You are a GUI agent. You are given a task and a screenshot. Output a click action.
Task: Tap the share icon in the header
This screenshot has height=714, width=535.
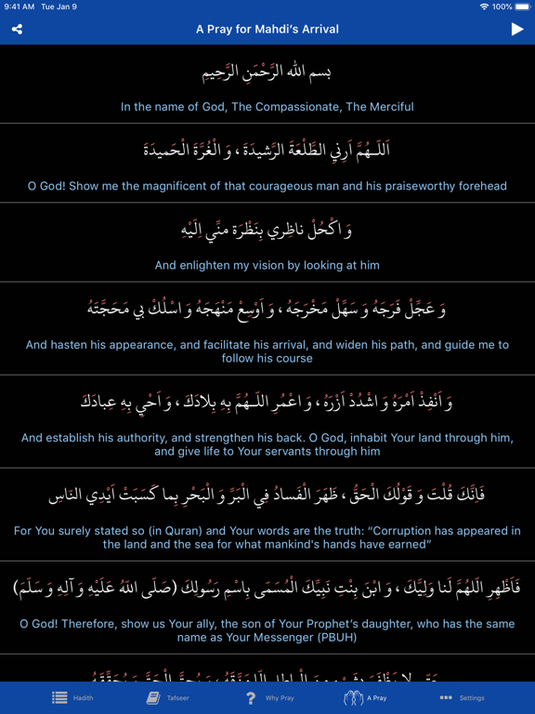17,29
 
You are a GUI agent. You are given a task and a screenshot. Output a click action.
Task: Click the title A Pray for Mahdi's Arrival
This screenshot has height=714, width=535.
267,29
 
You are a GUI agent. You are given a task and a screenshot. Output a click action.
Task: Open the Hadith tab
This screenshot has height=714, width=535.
70,697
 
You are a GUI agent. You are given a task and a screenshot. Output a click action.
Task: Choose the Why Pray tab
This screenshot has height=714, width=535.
269,697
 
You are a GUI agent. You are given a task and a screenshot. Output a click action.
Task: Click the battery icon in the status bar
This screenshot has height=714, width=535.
524,7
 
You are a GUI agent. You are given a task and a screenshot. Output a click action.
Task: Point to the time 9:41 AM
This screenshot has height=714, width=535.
20,7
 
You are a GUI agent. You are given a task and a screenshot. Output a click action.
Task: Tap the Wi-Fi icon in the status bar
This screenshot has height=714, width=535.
484,7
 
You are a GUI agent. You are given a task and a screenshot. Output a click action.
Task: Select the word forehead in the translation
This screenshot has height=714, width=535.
478,186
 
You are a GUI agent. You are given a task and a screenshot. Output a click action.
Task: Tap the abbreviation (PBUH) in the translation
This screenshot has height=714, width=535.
340,638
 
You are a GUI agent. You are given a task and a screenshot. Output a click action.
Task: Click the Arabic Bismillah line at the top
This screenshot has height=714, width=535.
267,71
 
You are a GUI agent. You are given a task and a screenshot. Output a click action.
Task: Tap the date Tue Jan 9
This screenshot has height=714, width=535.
59,7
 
